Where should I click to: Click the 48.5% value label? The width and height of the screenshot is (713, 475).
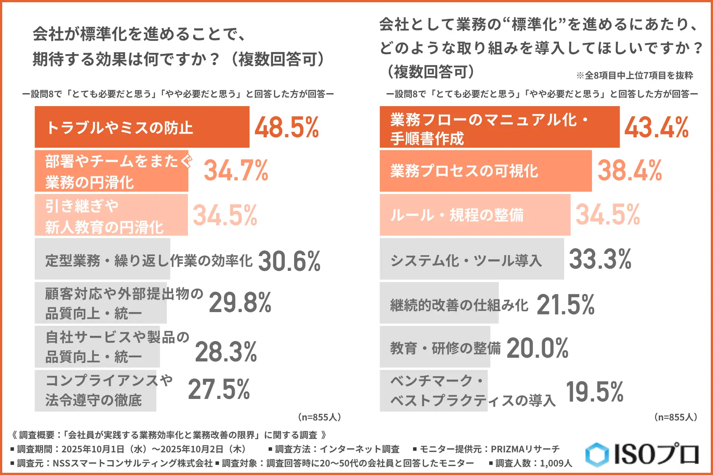[x=286, y=127]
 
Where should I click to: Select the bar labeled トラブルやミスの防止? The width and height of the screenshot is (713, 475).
[x=142, y=127]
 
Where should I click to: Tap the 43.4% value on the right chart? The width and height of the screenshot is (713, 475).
[x=656, y=127]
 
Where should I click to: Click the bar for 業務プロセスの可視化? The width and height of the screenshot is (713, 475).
[x=485, y=171]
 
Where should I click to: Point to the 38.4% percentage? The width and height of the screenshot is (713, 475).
[x=629, y=171]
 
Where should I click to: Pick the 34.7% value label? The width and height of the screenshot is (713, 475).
[x=236, y=171]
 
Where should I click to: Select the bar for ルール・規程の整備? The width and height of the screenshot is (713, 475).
[x=475, y=215]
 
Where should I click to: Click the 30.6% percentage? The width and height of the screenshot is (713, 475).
[x=289, y=261]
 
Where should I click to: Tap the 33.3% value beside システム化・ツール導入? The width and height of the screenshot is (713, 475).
[x=600, y=259]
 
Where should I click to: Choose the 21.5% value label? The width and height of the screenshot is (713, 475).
[x=565, y=305]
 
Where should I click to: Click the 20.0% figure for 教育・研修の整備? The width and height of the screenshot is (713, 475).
[x=537, y=348]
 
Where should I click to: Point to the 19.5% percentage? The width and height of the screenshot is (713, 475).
[x=594, y=392]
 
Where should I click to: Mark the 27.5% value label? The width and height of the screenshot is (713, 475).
[x=219, y=389]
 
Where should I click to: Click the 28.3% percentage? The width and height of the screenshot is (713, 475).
[x=226, y=352]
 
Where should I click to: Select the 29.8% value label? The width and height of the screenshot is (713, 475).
[x=240, y=302]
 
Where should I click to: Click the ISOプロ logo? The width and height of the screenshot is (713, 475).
[x=642, y=454]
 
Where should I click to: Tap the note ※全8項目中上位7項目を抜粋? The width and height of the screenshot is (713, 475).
[x=634, y=75]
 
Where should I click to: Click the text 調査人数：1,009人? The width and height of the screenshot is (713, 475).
[x=530, y=463]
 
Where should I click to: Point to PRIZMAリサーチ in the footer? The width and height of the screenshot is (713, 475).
[x=525, y=449]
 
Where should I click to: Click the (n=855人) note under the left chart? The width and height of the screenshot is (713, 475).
[x=319, y=417]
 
